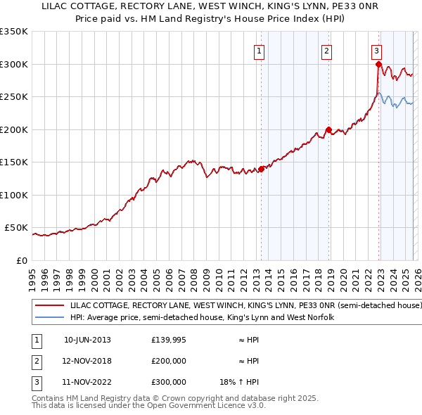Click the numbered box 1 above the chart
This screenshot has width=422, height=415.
[260, 51]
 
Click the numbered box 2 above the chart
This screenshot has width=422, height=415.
[327, 51]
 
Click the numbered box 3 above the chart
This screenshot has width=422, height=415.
[376, 51]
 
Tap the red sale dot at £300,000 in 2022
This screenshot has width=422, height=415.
[378, 65]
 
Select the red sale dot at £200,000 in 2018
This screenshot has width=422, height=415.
[328, 129]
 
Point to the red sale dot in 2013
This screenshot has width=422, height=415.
[261, 169]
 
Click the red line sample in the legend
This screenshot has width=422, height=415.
[49, 306]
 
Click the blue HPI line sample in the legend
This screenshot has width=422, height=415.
[49, 317]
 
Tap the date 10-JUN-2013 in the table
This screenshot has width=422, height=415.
[87, 340]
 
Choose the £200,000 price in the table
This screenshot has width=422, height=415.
[169, 361]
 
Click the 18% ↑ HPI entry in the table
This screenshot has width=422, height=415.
[239, 382]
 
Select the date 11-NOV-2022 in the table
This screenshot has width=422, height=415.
[87, 382]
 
